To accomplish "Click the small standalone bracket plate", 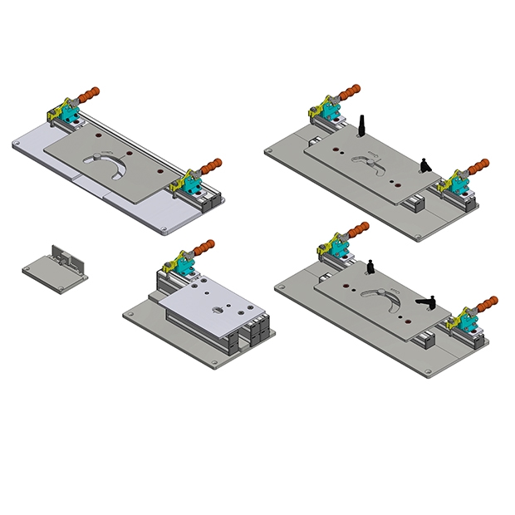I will coord(51,271).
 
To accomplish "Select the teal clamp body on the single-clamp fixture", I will coord(184,264).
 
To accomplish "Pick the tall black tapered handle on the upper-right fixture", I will coord(363,125).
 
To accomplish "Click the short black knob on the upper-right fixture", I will coord(424,164).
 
